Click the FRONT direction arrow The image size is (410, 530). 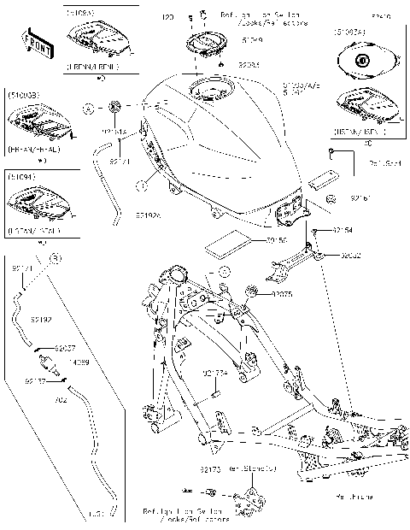click(38, 41)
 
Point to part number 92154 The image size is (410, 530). click(342, 230)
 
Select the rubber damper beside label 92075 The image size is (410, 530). click(254, 293)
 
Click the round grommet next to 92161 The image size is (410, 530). click(331, 198)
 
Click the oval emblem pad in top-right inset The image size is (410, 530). click(362, 61)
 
